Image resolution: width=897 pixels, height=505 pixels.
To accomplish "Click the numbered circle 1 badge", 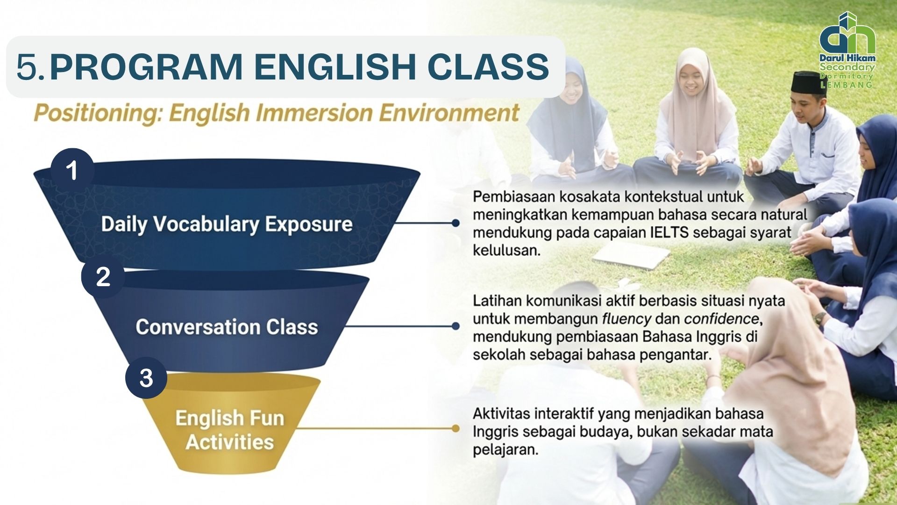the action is (72, 170).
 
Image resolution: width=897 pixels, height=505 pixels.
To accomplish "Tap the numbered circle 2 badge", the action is (103, 276).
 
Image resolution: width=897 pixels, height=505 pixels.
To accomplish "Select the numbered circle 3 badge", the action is (146, 378).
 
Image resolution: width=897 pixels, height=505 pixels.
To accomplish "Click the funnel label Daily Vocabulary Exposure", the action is (227, 224).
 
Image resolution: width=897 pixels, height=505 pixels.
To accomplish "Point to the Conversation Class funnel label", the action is (227, 327).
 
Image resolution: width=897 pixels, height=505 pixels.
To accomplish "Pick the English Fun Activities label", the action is (229, 430).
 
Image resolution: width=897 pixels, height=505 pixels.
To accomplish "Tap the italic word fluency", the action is (626, 319).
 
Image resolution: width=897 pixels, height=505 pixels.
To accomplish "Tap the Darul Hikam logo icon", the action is (847, 33).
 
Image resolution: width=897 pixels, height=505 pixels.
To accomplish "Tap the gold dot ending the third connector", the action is (456, 428).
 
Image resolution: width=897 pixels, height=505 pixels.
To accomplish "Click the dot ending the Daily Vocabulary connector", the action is (456, 223).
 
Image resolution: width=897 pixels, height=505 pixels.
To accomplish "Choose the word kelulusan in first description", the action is (506, 250).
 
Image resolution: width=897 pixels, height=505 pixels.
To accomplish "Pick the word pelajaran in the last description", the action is (505, 450).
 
